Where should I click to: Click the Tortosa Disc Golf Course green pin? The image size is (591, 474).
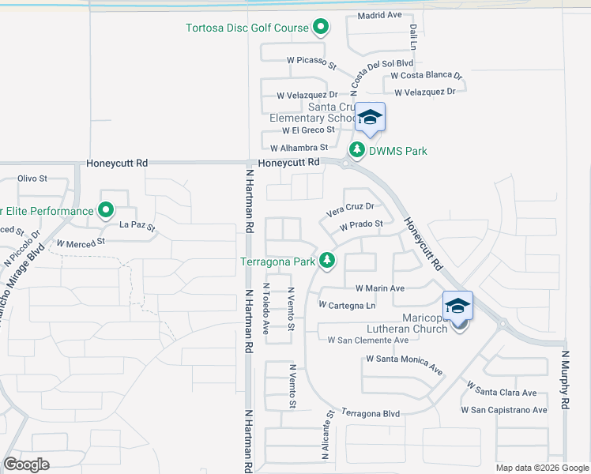(320, 28)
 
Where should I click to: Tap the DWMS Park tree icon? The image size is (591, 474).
(357, 149)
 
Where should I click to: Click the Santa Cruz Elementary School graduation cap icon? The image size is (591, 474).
(369, 118)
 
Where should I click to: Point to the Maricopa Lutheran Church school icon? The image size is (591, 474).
(458, 307)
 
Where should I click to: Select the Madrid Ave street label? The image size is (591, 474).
(380, 15)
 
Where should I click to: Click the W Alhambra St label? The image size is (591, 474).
(299, 148)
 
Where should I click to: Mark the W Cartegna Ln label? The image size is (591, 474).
(346, 305)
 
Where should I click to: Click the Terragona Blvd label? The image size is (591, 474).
(370, 413)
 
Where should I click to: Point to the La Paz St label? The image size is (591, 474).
(137, 227)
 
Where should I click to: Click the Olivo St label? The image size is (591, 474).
(32, 179)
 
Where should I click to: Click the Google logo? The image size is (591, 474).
(27, 465)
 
